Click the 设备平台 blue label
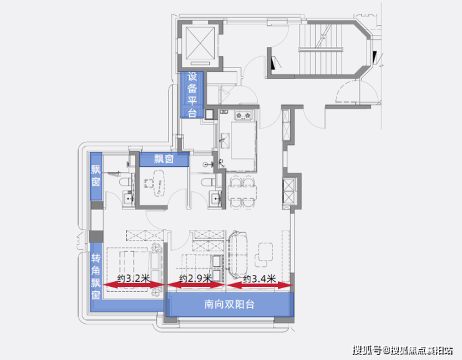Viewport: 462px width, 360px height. (192, 94)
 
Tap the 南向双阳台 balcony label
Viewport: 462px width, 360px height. (230, 304)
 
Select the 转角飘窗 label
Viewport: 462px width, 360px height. (96, 276)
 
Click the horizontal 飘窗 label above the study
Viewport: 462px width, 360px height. (164, 159)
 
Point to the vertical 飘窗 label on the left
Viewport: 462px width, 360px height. (96, 176)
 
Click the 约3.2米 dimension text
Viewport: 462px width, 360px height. (134, 279)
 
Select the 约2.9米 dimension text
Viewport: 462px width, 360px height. (195, 279)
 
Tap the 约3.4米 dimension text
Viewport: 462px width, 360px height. (259, 279)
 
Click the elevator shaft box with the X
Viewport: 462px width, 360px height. (200, 44)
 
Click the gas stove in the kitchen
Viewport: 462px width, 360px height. (243, 115)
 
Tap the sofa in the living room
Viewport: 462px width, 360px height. (238, 254)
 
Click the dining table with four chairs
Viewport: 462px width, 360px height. (242, 192)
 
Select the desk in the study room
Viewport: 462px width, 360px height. (159, 183)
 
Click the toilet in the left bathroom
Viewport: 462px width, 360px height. (125, 181)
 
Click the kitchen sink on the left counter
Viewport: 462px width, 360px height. (225, 138)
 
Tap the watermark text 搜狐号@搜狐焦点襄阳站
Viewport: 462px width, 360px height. (403, 350)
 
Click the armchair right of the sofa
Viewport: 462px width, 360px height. (264, 254)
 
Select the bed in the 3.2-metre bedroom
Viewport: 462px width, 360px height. (134, 270)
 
